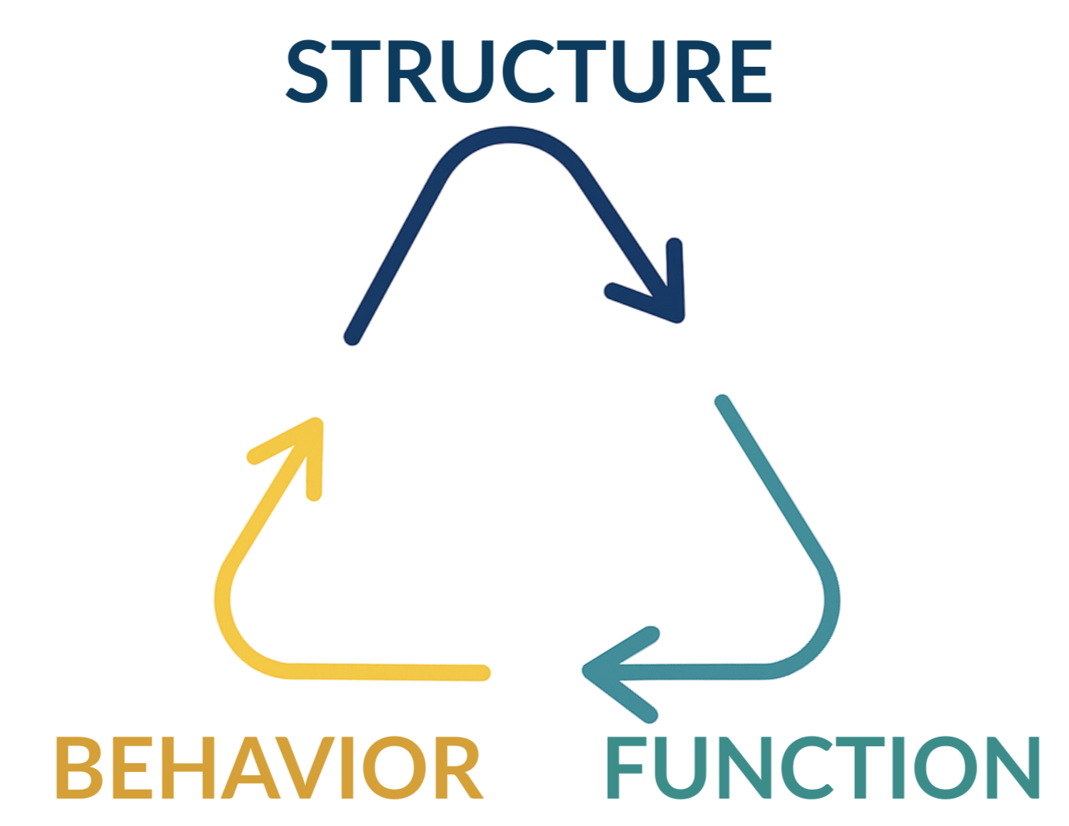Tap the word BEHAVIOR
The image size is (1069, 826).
tap(267, 766)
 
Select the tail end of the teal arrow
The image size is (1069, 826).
tap(721, 401)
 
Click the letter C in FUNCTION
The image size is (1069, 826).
tap(817, 766)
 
